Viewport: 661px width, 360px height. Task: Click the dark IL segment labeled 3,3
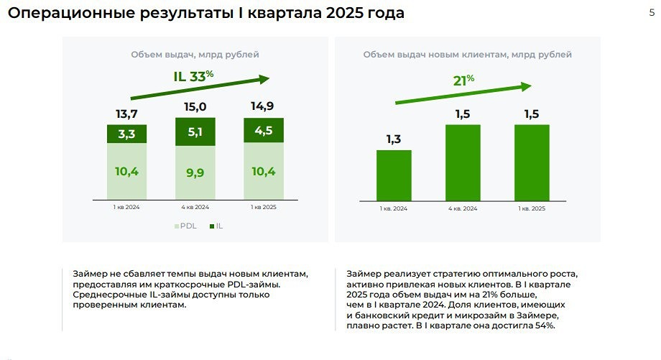126,134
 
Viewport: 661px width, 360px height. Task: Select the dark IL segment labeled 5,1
195,131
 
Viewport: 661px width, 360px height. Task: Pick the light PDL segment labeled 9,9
195,172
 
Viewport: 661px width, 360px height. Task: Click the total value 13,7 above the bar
126,114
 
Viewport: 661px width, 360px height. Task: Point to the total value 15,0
195,107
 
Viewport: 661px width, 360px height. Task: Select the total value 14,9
263,107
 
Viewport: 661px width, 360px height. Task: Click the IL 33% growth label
193,77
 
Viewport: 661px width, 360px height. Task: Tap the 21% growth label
463,80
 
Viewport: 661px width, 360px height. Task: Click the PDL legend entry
185,226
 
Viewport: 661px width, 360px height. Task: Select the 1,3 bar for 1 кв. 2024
394,175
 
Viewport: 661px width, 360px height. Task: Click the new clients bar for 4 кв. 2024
463,162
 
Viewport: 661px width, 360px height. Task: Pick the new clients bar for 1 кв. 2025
532,162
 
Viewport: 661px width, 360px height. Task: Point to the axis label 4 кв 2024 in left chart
195,207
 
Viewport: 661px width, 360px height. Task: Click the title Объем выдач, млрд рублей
195,55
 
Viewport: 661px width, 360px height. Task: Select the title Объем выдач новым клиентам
468,55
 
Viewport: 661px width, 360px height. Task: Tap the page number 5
652,12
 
